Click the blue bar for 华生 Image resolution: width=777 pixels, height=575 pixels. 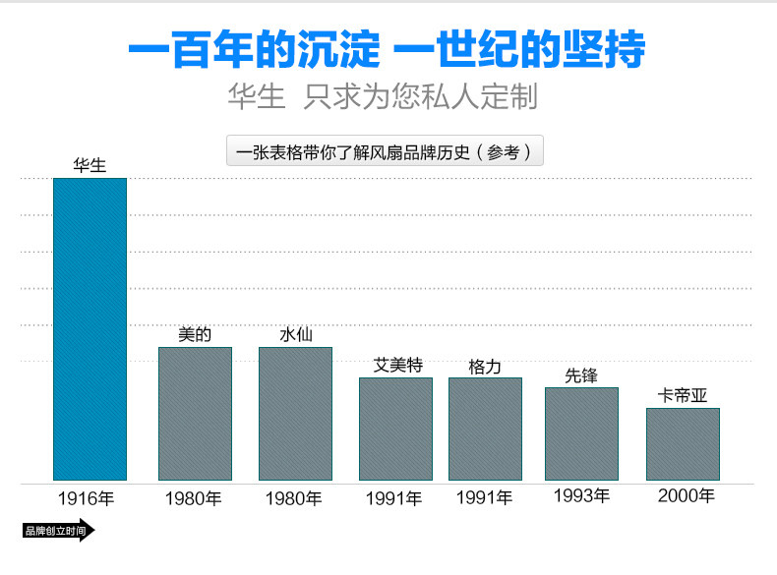[90, 329]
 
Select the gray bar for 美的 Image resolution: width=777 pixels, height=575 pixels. [195, 413]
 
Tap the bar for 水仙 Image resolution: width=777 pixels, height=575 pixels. [295, 413]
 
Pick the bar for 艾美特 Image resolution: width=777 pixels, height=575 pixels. [395, 429]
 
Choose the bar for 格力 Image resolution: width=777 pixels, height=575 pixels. [485, 429]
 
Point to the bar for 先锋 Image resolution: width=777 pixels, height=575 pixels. [581, 433]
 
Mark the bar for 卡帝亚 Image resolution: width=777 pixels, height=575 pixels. [683, 443]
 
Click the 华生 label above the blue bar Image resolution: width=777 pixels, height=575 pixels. [90, 166]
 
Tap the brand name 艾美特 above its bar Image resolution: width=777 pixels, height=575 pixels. [397, 365]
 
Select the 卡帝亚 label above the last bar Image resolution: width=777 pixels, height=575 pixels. [683, 395]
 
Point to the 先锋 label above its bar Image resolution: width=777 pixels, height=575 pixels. [581, 374]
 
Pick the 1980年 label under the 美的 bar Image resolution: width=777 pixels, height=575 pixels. [193, 498]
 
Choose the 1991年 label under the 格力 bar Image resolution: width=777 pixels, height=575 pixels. [484, 498]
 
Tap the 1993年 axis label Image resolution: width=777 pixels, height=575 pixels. [581, 495]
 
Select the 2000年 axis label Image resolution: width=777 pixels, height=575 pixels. [686, 495]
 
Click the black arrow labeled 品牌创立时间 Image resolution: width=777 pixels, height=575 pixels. [58, 532]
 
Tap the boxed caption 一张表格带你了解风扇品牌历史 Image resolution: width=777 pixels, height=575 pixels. [385, 152]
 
